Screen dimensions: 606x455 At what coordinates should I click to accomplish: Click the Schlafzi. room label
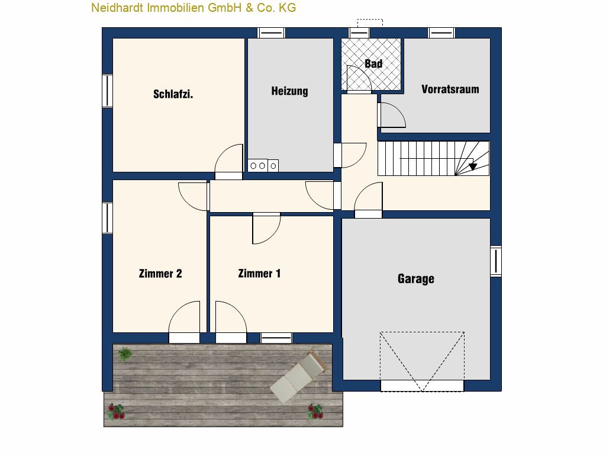click(173, 94)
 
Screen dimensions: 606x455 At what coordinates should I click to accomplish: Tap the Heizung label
click(289, 91)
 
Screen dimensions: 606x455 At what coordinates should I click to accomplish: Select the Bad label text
click(373, 63)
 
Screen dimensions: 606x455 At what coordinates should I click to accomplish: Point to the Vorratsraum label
click(450, 89)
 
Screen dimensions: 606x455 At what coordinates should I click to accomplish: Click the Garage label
click(416, 279)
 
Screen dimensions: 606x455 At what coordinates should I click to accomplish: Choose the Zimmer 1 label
click(259, 274)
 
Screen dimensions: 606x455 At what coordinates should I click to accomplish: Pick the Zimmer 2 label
click(160, 274)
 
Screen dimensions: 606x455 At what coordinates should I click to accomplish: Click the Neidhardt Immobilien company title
click(194, 7)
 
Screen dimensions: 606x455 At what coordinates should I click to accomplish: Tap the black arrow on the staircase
click(473, 166)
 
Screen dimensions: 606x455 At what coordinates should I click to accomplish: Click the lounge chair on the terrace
click(299, 376)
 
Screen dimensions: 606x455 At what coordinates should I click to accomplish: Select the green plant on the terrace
click(125, 354)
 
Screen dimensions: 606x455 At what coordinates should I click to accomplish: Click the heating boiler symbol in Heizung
click(263, 166)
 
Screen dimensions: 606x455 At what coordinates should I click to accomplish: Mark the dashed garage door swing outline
click(422, 361)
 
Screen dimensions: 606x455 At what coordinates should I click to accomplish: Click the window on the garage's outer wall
click(496, 261)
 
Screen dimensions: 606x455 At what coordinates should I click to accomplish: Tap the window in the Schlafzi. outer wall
click(107, 91)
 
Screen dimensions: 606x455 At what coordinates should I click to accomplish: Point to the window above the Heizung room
click(271, 33)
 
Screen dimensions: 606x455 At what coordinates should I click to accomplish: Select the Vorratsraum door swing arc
click(393, 115)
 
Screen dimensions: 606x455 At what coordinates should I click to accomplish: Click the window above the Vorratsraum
click(441, 33)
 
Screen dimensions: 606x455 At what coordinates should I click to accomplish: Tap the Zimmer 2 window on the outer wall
click(107, 218)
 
